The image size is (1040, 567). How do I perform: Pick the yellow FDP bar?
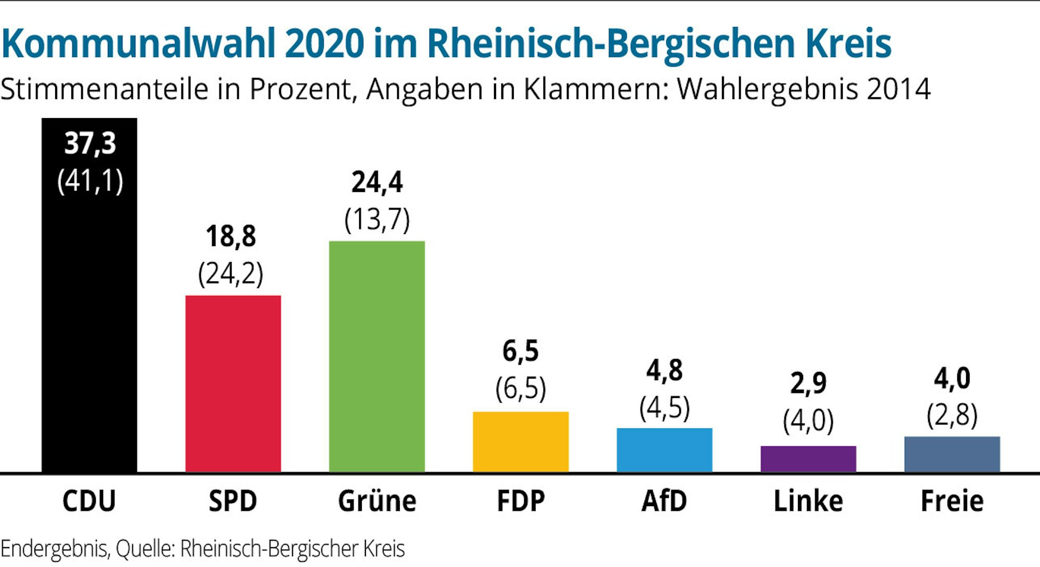pyautogui.click(x=521, y=442)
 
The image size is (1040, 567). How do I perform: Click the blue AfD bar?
pyautogui.click(x=664, y=450)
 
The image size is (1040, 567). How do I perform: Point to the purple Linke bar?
pyautogui.click(x=808, y=459)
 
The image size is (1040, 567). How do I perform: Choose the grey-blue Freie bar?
pyautogui.click(x=952, y=454)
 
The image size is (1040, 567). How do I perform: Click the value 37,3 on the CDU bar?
pyautogui.click(x=90, y=143)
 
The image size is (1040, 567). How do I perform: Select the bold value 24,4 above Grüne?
pyautogui.click(x=377, y=182)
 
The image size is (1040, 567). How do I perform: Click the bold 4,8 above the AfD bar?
pyautogui.click(x=664, y=370)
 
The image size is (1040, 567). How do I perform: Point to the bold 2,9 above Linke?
pyautogui.click(x=808, y=383)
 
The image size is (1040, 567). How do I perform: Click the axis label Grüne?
pyautogui.click(x=377, y=501)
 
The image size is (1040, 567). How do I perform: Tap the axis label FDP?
pyautogui.click(x=521, y=501)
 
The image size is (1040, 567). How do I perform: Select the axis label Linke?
pyautogui.click(x=808, y=501)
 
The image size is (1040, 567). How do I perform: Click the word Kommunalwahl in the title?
pyautogui.click(x=138, y=44)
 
